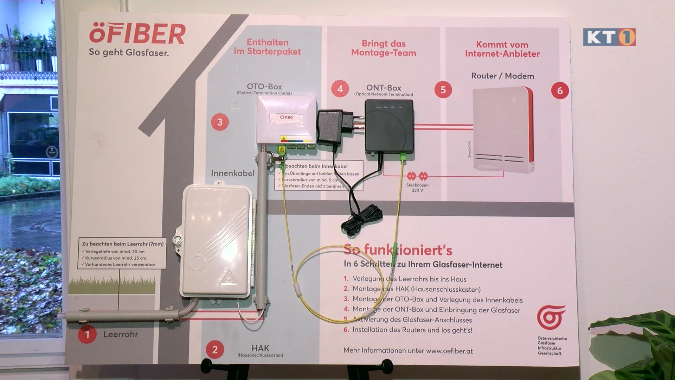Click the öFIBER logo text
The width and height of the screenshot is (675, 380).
(x=137, y=34)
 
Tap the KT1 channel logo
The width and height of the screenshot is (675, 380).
(x=609, y=37)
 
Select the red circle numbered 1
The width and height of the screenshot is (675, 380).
(x=87, y=334)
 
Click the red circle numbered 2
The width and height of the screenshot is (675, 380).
(x=215, y=350)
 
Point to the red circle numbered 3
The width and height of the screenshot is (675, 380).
(x=220, y=122)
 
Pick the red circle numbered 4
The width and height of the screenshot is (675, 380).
(x=340, y=89)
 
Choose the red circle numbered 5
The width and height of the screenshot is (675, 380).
(x=443, y=90)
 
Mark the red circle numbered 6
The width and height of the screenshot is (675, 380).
(x=560, y=91)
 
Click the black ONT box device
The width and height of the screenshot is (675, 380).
(x=389, y=129)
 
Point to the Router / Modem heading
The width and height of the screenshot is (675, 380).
(x=502, y=76)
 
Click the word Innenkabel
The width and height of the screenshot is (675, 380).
(x=232, y=173)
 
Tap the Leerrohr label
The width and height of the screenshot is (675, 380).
(x=121, y=334)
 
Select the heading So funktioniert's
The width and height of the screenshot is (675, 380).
(x=398, y=250)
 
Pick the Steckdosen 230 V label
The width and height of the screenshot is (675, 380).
(x=417, y=188)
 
